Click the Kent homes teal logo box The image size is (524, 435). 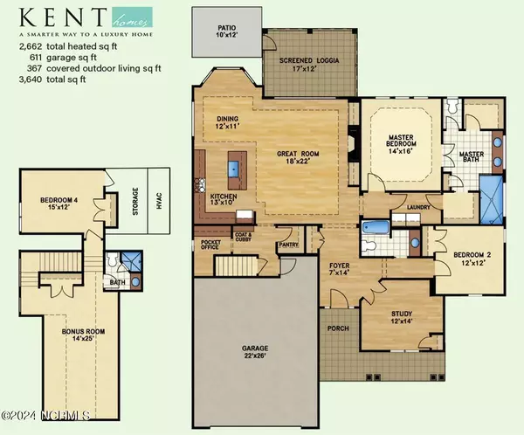(132, 17)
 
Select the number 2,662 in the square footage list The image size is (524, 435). (31, 46)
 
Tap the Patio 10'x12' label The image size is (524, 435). (227, 31)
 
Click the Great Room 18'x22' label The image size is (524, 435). (298, 157)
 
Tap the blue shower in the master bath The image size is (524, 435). (491, 200)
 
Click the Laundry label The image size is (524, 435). (418, 207)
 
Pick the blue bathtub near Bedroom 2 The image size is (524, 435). (376, 228)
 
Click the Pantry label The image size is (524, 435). (288, 245)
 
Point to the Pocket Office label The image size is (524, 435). (210, 245)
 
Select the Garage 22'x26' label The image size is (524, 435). (255, 352)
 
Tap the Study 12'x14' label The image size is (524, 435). (402, 317)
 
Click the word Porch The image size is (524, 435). (338, 328)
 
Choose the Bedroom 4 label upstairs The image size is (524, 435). (59, 204)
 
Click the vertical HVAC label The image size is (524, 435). (159, 201)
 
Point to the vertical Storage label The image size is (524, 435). (135, 201)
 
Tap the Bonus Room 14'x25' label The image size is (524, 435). (83, 335)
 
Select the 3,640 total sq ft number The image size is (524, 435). (31, 79)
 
